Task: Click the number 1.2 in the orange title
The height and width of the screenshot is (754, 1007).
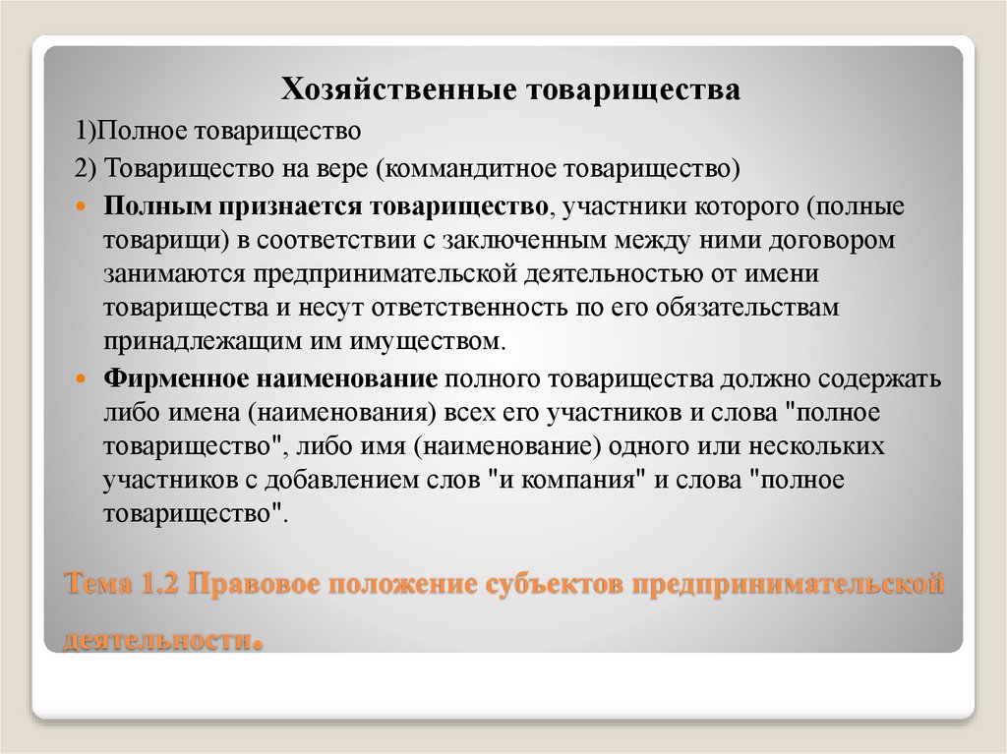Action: pos(156,586)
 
